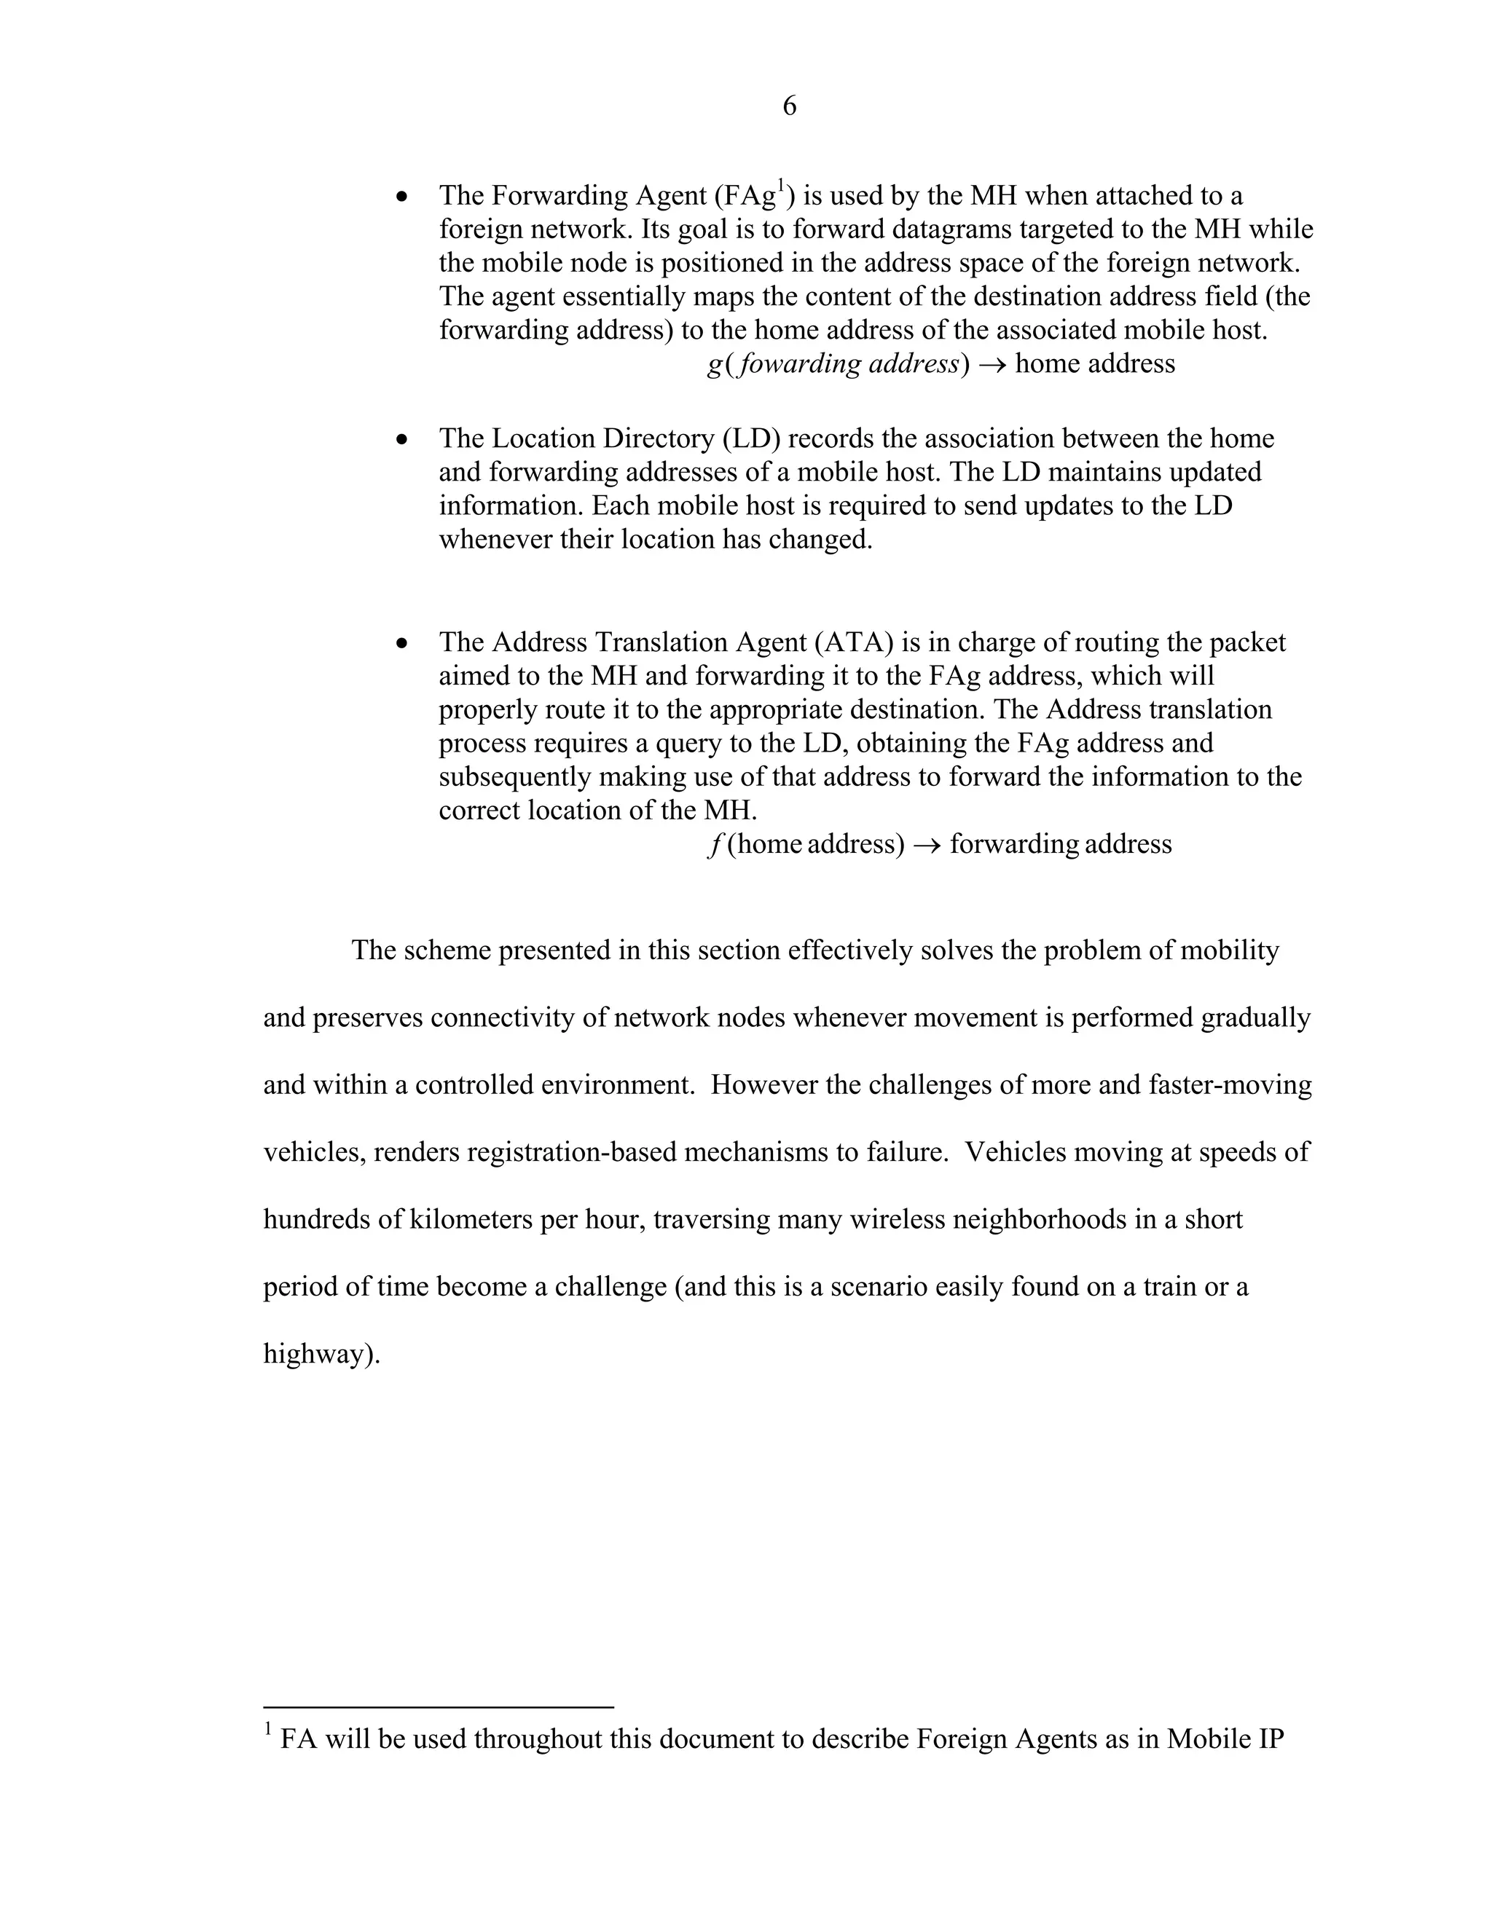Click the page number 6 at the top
789,107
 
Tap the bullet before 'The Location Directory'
403,440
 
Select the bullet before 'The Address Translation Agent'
403,643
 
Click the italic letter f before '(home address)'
714,845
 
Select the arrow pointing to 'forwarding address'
927,846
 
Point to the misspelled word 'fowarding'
799,365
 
